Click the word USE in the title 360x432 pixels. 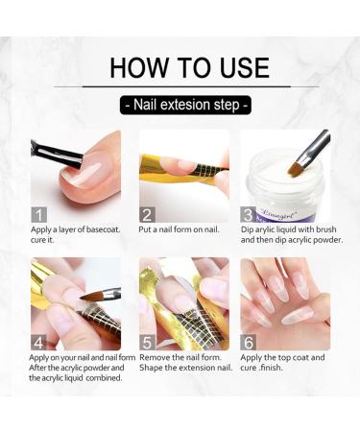point(245,67)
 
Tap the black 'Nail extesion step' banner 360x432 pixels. point(185,105)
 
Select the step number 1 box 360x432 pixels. point(39,215)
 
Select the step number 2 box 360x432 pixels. point(147,215)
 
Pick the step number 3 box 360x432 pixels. point(249,215)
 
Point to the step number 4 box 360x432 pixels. point(39,343)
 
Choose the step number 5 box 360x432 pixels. point(147,343)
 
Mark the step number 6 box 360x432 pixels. point(249,343)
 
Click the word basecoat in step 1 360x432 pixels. point(104,229)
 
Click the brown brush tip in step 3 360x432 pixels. point(294,167)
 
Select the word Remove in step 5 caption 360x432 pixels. point(155,357)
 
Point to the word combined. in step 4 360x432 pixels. point(104,378)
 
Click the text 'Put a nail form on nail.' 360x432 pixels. point(179,229)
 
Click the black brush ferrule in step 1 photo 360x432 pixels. point(60,153)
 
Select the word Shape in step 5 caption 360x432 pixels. point(151,368)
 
